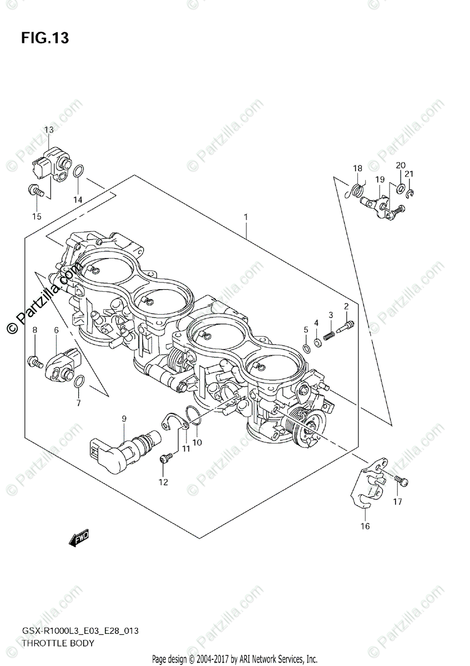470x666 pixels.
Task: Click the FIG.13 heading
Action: click(46, 38)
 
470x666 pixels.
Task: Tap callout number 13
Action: click(49, 130)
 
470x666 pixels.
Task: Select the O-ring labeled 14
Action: click(79, 171)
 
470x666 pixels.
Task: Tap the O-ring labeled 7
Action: click(79, 382)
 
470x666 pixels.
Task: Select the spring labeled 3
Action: click(330, 335)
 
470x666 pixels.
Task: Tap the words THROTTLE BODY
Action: click(58, 643)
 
